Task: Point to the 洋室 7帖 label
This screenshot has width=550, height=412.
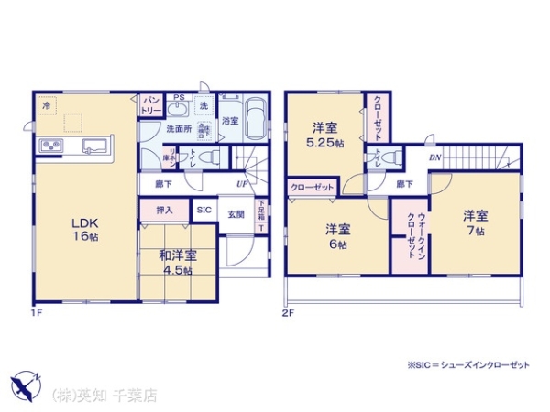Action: [x=475, y=222]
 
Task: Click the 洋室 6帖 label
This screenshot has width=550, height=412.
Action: [x=338, y=236]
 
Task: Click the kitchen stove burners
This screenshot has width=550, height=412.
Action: [x=49, y=147]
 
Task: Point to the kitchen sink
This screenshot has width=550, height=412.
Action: [x=94, y=146]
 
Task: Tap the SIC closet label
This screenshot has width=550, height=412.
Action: [x=203, y=211]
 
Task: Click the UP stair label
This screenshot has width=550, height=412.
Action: [x=240, y=183]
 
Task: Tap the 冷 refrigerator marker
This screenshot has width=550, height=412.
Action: [x=46, y=105]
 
